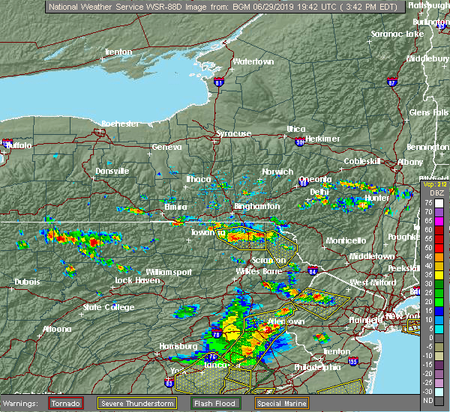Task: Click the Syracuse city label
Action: (x=234, y=133)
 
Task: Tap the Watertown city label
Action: (x=253, y=61)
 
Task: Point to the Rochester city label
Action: (x=120, y=123)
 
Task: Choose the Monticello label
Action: (x=345, y=240)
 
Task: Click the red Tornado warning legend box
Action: (x=67, y=403)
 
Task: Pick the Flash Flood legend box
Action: (x=214, y=403)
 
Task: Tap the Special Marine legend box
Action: (x=281, y=403)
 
